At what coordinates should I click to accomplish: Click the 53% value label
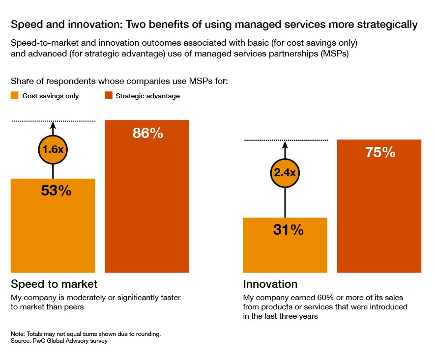pos(56,191)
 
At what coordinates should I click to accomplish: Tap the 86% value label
pos(147,133)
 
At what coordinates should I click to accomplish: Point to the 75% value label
pos(380,152)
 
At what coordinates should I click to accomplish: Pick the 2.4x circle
pos(285,172)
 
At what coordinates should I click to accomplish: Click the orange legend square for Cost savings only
pos(15,96)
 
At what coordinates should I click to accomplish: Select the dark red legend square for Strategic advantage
pos(108,96)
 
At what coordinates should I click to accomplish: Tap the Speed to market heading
pos(54,284)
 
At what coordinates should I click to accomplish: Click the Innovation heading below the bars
pos(270,284)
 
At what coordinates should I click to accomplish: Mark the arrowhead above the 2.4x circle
pos(285,145)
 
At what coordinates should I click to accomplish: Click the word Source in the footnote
pos(20,341)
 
